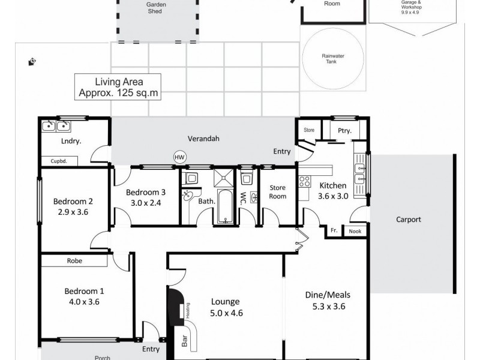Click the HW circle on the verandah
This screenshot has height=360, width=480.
(x=179, y=157)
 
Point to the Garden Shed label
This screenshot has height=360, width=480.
(x=157, y=7)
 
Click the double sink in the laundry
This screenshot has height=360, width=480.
(x=55, y=126)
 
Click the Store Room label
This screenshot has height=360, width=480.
(x=277, y=192)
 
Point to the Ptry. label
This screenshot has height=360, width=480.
(x=344, y=130)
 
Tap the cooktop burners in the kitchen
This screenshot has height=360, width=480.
(x=305, y=180)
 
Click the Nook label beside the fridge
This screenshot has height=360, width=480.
(x=355, y=230)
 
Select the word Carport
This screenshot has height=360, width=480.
(x=408, y=220)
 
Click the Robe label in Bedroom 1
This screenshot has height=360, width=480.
(x=74, y=261)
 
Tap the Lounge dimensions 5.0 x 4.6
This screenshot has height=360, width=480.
(x=225, y=313)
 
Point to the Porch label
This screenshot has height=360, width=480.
(x=103, y=357)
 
